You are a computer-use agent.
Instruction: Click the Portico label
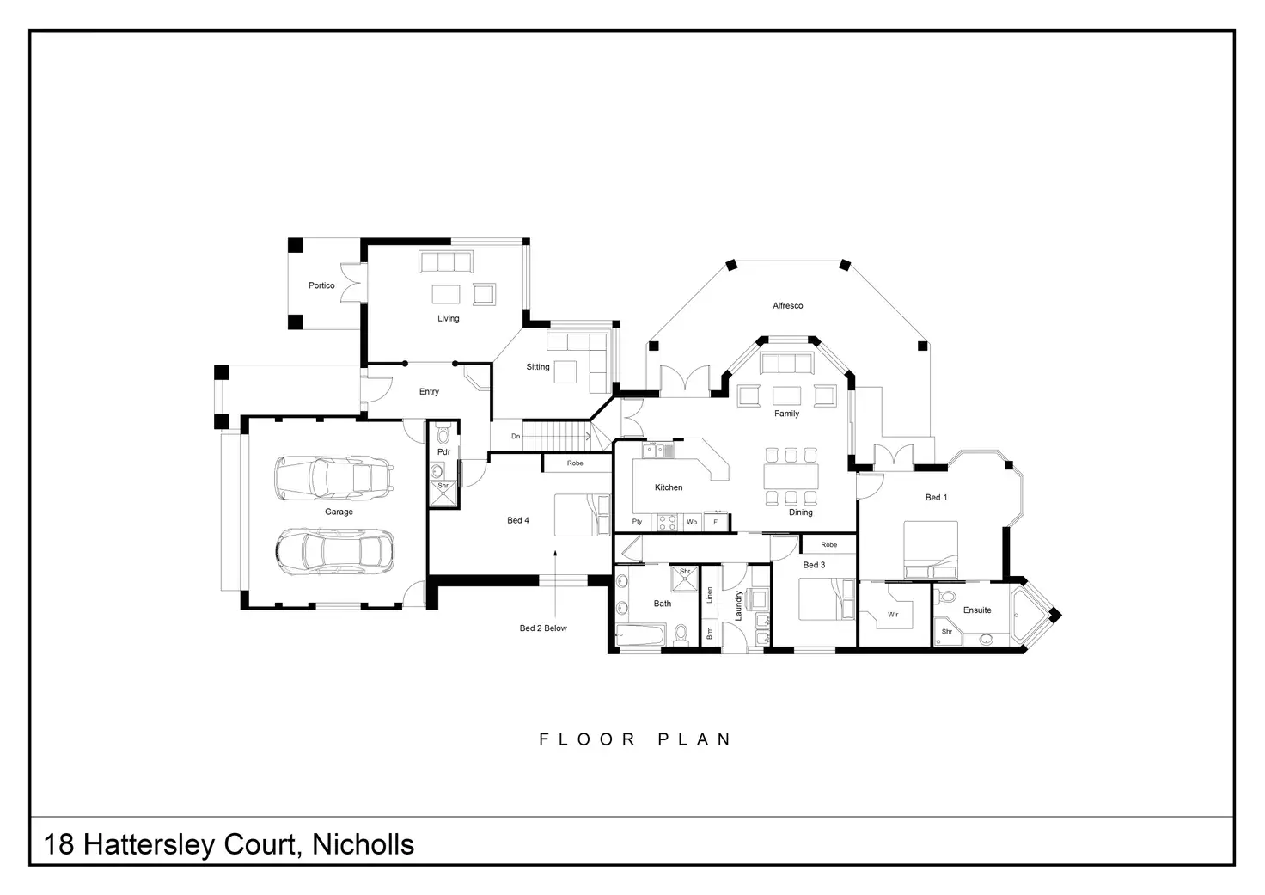tap(321, 285)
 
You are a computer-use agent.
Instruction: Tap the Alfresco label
tap(787, 306)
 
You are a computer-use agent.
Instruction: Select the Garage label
tap(339, 512)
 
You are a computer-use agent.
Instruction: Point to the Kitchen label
tap(669, 487)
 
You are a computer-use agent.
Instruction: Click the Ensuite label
tap(977, 610)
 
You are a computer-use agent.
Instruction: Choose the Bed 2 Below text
tap(543, 628)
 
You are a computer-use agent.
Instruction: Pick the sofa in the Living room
tap(445, 261)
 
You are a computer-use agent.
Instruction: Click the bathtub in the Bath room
tap(640, 636)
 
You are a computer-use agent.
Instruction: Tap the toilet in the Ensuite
tap(948, 596)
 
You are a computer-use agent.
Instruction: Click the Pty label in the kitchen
tap(637, 522)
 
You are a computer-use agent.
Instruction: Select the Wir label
tap(893, 615)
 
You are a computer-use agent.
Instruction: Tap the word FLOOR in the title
tap(587, 739)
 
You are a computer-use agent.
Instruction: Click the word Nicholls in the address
tap(363, 844)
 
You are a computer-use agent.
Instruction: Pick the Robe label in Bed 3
tap(828, 544)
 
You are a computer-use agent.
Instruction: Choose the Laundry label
tap(738, 605)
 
